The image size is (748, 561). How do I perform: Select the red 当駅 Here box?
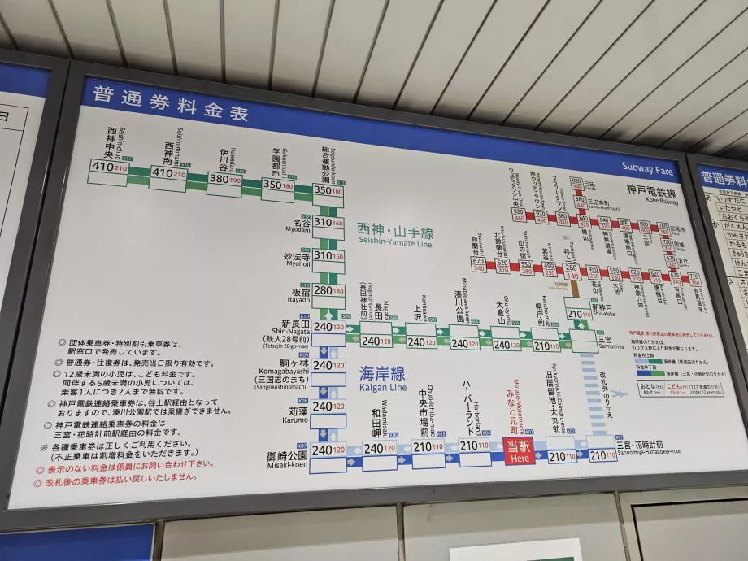pyautogui.click(x=518, y=450)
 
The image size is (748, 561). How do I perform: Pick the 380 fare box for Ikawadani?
pyautogui.click(x=224, y=179)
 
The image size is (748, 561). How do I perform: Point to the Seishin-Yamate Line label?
pyautogui.click(x=394, y=234)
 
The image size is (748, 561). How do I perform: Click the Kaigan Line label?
pyautogui.click(x=382, y=380)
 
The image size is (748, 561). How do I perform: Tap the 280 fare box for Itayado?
pyautogui.click(x=328, y=290)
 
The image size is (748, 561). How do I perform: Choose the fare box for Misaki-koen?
pyautogui.click(x=328, y=450)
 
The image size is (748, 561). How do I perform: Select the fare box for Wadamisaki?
pyautogui.click(x=380, y=449)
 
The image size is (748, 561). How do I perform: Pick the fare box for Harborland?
pyautogui.click(x=475, y=446)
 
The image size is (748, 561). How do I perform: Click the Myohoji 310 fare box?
pyautogui.click(x=328, y=255)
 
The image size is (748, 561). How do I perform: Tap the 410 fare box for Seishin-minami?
pyautogui.click(x=167, y=173)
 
